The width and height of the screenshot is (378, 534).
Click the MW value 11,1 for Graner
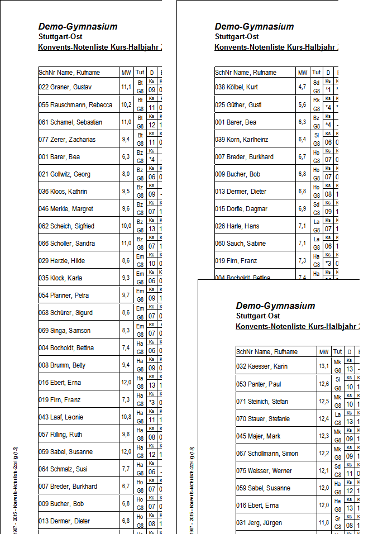[x=126, y=88]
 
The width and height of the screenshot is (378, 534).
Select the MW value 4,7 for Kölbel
[x=302, y=88]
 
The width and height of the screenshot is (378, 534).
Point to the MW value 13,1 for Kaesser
[x=324, y=367]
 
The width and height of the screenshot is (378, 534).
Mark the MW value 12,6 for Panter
[x=324, y=384]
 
